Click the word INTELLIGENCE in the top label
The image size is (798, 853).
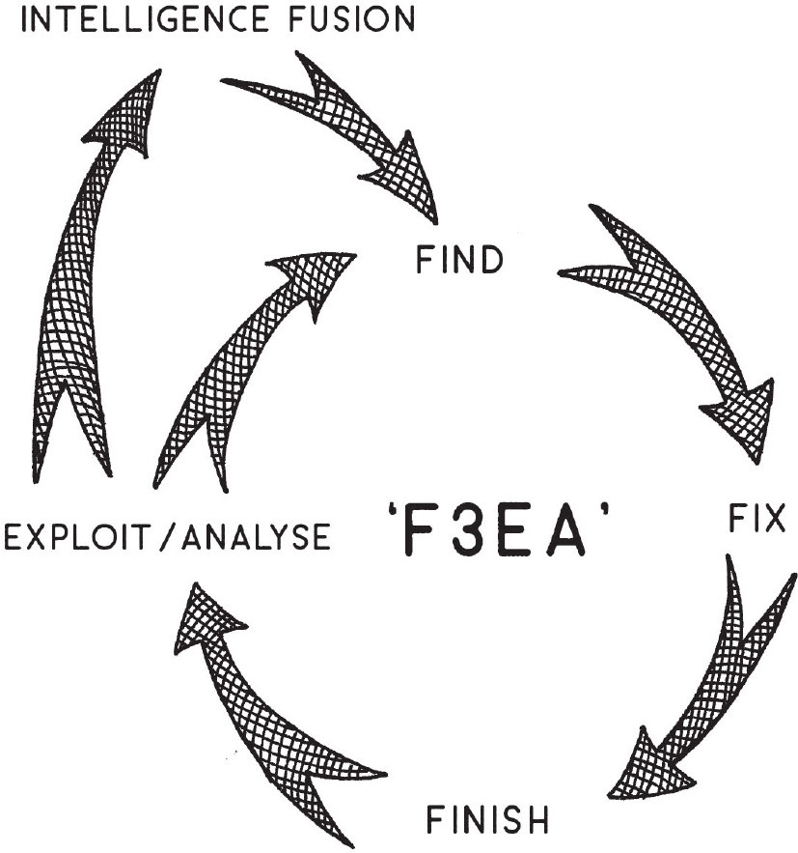[145, 19]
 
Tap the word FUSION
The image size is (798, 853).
[352, 19]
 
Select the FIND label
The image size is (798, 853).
[459, 260]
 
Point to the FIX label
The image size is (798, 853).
[757, 518]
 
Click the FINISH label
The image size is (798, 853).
[487, 819]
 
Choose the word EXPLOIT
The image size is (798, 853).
[77, 536]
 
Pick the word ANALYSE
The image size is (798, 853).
[256, 536]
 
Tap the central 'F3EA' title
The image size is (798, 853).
[499, 529]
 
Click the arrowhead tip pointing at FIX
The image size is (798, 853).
[757, 463]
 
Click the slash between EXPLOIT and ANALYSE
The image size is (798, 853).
[167, 536]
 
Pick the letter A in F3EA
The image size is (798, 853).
[566, 531]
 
